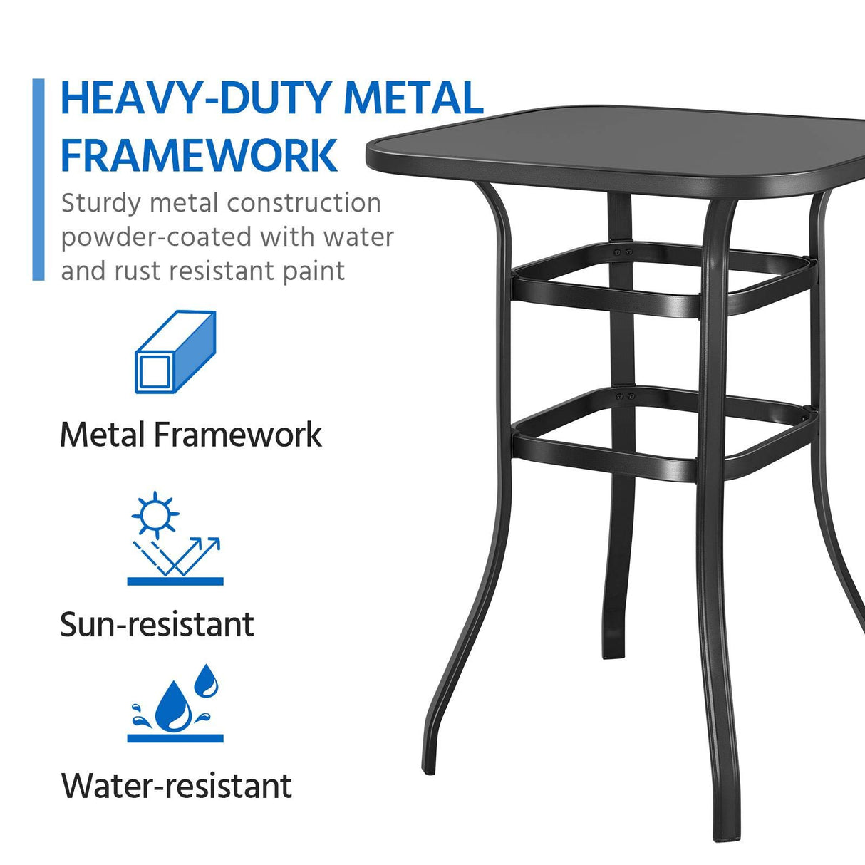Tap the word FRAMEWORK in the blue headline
click(x=199, y=155)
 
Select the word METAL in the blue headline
click(x=413, y=98)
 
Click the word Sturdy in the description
click(x=100, y=204)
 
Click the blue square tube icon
click(x=175, y=352)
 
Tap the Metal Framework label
click(x=191, y=435)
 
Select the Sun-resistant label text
click(x=157, y=625)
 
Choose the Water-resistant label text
click(x=177, y=786)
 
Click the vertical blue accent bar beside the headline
click(x=38, y=180)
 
